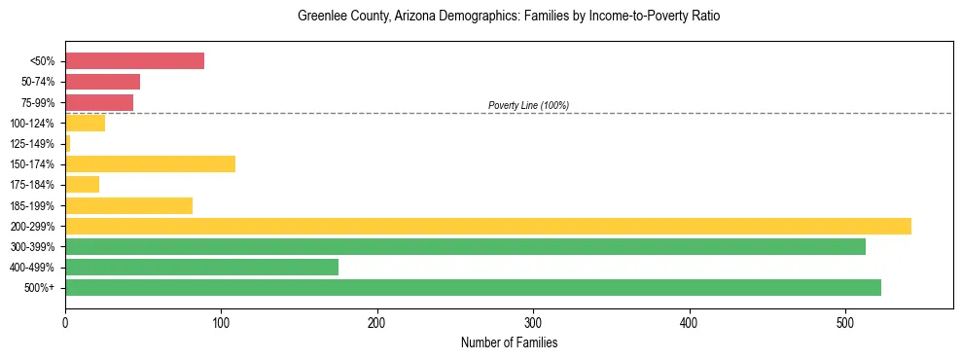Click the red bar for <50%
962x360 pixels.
click(x=134, y=61)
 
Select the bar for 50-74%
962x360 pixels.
click(x=102, y=82)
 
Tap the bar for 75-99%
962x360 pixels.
click(x=99, y=102)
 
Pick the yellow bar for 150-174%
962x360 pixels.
click(x=150, y=163)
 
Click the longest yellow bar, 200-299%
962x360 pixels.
click(x=487, y=226)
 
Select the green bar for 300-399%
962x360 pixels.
click(x=465, y=246)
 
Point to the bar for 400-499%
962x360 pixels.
click(x=201, y=267)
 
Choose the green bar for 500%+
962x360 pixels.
click(x=473, y=287)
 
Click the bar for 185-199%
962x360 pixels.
click(x=128, y=205)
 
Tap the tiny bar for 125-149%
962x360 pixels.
click(x=67, y=143)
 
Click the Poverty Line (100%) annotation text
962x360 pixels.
click(x=528, y=105)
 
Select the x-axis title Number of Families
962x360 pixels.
click(x=509, y=342)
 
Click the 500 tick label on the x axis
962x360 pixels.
click(x=845, y=322)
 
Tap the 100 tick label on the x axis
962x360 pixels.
click(x=221, y=322)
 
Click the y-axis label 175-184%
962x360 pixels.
click(x=32, y=185)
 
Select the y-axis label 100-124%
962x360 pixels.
click(x=32, y=123)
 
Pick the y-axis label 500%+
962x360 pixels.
click(x=39, y=288)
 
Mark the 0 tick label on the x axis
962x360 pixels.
click(x=65, y=322)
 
